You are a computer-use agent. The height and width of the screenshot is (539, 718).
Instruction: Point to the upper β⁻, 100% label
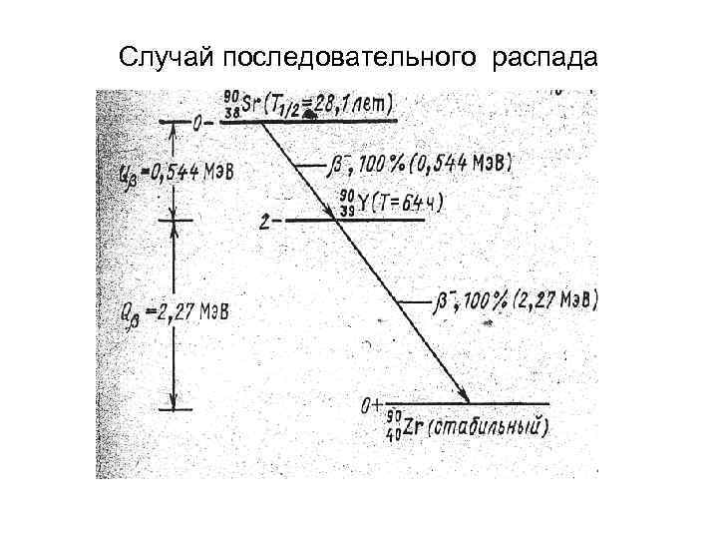[375, 162]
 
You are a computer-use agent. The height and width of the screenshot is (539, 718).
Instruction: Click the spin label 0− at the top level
[203, 123]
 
